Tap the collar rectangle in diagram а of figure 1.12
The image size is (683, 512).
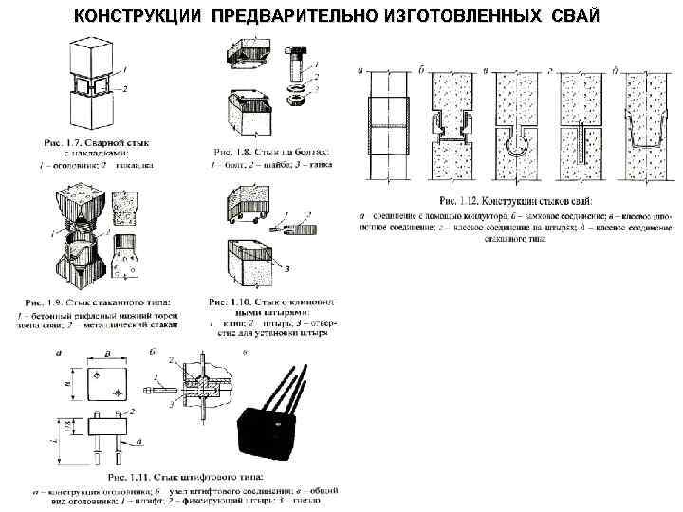pyautogui.click(x=387, y=125)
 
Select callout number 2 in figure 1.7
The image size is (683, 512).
pyautogui.click(x=123, y=88)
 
